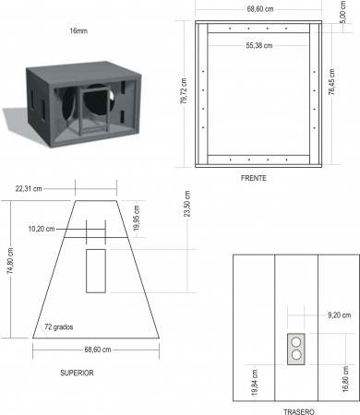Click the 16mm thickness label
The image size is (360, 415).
point(78,31)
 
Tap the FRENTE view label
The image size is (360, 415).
point(254,178)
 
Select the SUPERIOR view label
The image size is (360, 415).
point(77,373)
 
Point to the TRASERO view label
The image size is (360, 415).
point(299,411)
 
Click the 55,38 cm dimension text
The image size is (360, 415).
point(259,46)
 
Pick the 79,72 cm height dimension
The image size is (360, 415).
point(184,91)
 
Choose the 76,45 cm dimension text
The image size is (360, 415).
point(331,82)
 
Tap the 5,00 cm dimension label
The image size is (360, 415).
point(343,12)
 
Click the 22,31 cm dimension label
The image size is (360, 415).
point(29,189)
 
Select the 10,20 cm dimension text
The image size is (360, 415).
point(42,229)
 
